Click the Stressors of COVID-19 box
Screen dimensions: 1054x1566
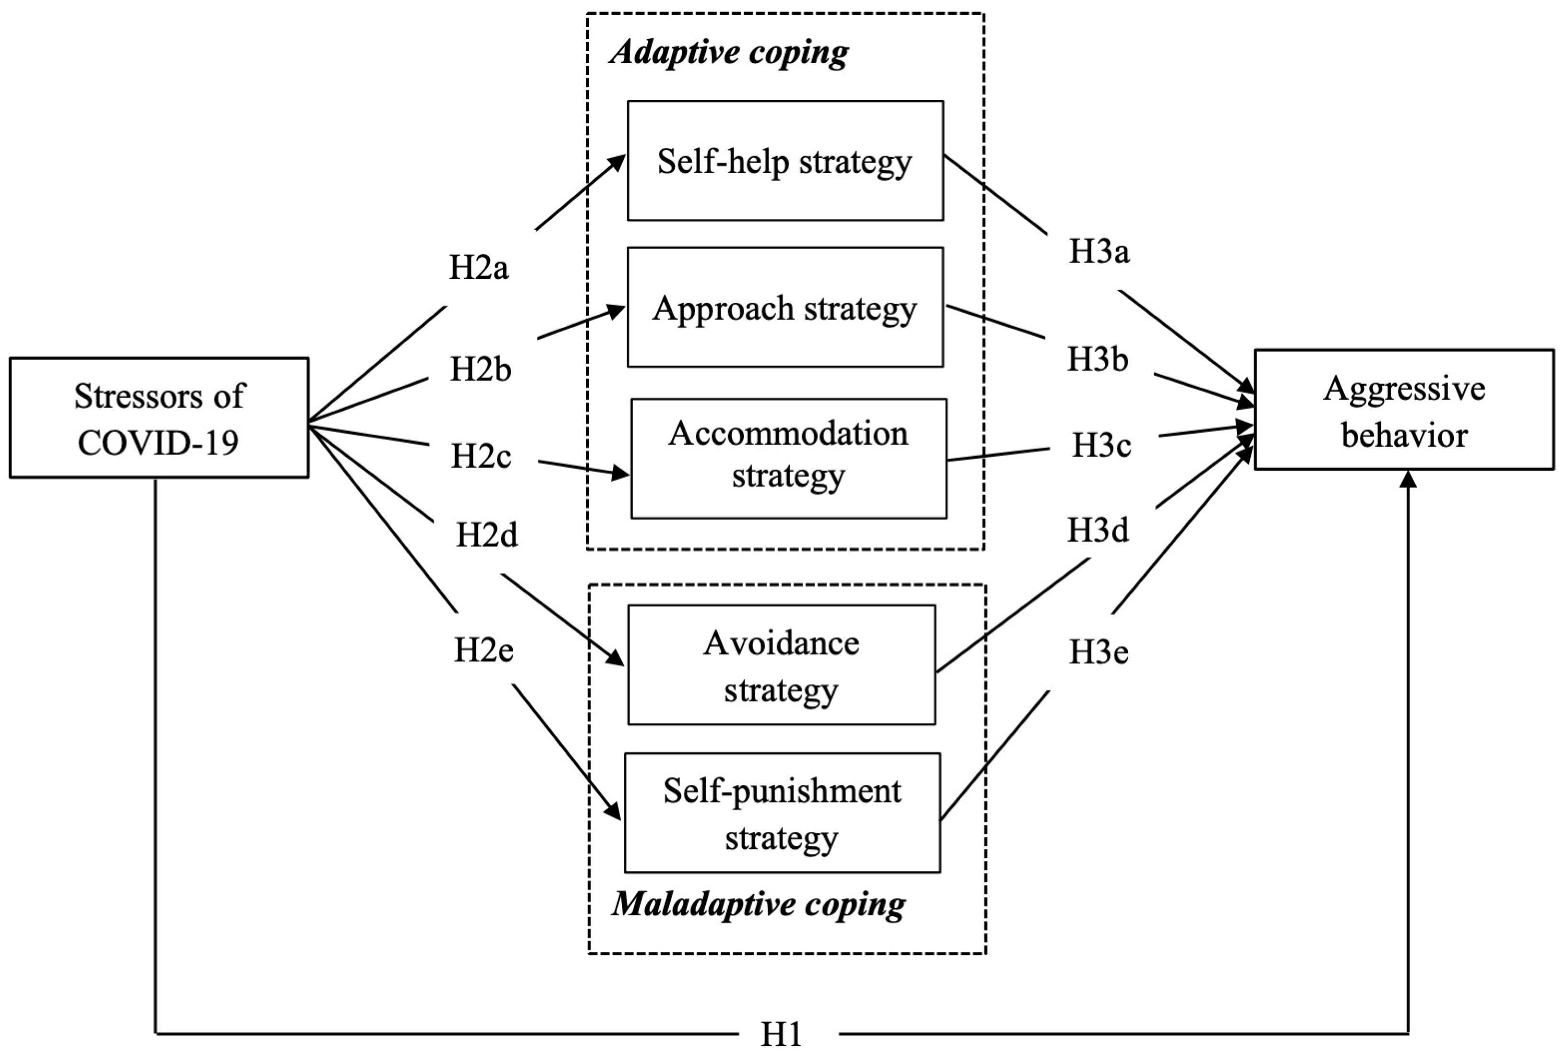pyautogui.click(x=159, y=417)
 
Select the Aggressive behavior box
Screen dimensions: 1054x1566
pyautogui.click(x=1403, y=409)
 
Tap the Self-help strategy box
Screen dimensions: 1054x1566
pyautogui.click(x=785, y=161)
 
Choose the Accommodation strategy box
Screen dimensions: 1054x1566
pyautogui.click(x=788, y=459)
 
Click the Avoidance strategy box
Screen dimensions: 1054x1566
pyautogui.click(x=781, y=665)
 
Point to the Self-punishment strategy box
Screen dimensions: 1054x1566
pyautogui.click(x=782, y=813)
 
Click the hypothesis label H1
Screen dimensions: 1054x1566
pyautogui.click(x=781, y=1034)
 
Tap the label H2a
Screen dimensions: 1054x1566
pyautogui.click(x=479, y=268)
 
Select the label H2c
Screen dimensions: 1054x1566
pyautogui.click(x=481, y=456)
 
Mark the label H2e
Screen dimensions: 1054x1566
pyautogui.click(x=484, y=650)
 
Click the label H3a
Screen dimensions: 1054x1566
pyautogui.click(x=1099, y=251)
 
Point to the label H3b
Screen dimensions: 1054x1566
pyautogui.click(x=1098, y=359)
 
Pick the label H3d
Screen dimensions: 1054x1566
pyautogui.click(x=1098, y=530)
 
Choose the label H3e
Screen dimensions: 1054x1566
pyautogui.click(x=1099, y=651)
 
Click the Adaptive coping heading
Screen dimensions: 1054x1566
pyautogui.click(x=729, y=52)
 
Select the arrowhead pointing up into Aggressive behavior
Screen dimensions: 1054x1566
pyautogui.click(x=1409, y=479)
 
